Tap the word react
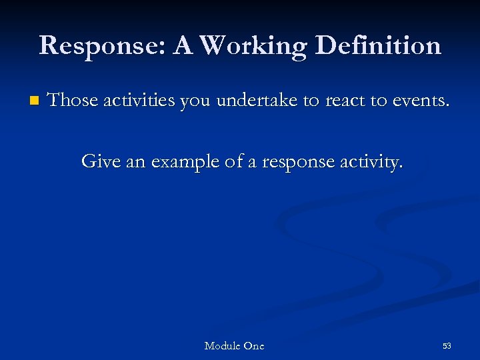346,101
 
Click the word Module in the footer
222,345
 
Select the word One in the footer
253,345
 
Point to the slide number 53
447,345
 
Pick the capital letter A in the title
183,46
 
